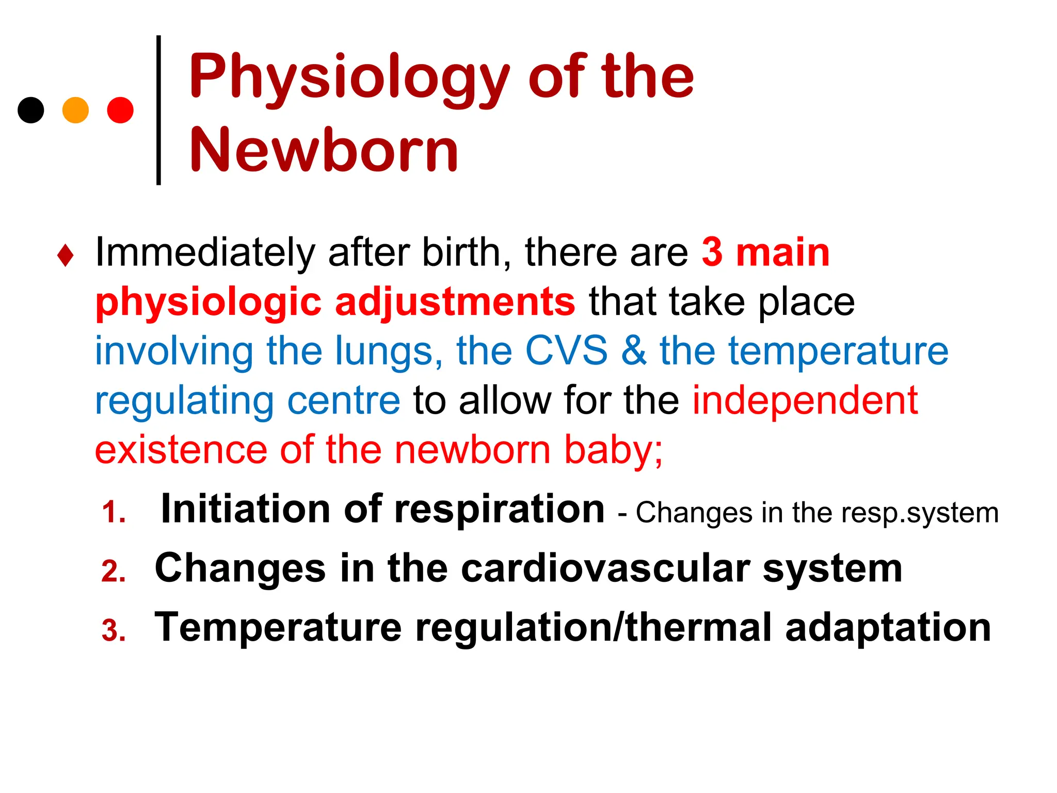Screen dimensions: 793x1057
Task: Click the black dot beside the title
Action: point(31,110)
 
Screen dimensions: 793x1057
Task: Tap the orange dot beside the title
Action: point(75,110)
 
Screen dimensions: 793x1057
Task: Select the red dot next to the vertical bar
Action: point(120,110)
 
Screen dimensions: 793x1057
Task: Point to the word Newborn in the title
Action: point(324,150)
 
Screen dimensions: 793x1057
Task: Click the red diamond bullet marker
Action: point(66,256)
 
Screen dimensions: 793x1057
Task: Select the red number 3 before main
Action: point(712,252)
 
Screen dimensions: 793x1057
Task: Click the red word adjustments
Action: point(455,303)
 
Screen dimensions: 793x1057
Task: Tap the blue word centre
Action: point(344,401)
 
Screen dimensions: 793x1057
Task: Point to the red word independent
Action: point(805,401)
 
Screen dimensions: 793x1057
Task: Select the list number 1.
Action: point(114,513)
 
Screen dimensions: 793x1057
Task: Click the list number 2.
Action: point(114,572)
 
